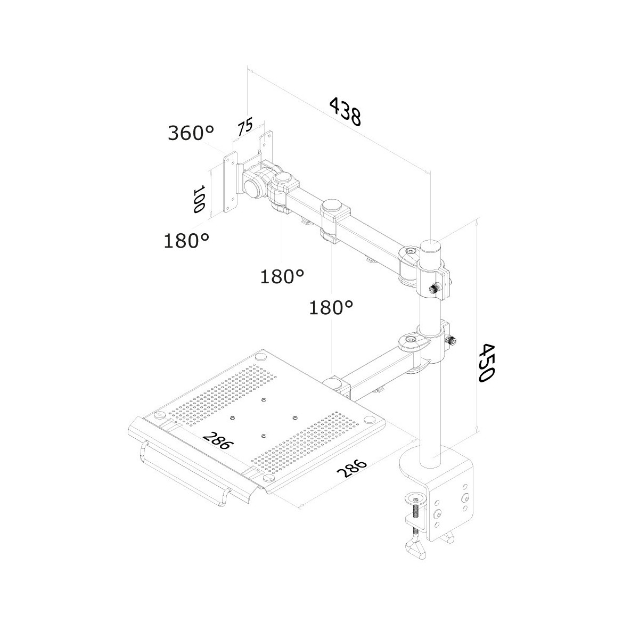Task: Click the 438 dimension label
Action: tap(345, 111)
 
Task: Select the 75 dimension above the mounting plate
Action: tap(245, 126)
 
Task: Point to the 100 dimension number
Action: tap(200, 199)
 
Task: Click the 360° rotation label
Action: tap(191, 133)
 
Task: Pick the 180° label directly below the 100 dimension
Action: tap(186, 240)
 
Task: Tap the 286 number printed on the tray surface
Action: tap(218, 440)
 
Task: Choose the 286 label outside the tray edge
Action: tap(352, 472)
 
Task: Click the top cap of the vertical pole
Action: tap(431, 247)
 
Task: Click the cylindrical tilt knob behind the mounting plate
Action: tap(253, 187)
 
